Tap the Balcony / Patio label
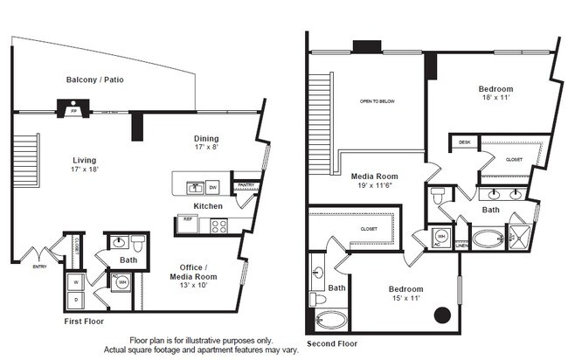point(94,80)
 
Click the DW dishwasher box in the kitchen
point(212,187)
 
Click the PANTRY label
point(246,184)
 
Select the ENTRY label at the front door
point(39,267)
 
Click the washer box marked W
point(76,282)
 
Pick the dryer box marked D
point(76,300)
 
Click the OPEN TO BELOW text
point(378,101)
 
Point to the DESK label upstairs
point(464,142)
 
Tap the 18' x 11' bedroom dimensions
point(495,99)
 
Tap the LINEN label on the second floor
point(462,246)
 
